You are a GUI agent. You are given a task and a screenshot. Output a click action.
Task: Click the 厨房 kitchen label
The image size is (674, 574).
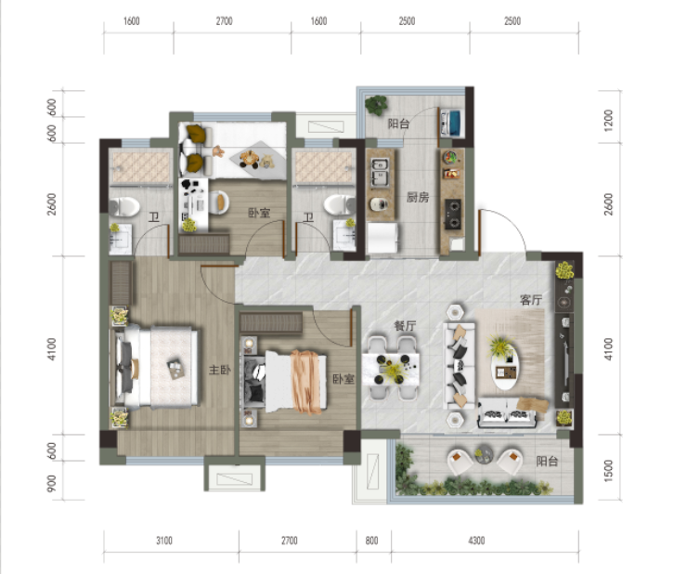[x=418, y=197]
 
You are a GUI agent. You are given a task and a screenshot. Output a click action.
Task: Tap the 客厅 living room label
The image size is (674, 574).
[x=530, y=300]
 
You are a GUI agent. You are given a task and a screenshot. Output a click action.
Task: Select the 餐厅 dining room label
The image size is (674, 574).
[x=405, y=326]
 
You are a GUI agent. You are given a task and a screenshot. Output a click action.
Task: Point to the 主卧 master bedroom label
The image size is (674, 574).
[x=220, y=370]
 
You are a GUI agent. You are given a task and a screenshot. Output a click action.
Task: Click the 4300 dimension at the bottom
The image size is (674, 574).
[x=476, y=541]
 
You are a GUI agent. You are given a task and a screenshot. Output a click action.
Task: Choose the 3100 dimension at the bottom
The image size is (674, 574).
[x=164, y=541]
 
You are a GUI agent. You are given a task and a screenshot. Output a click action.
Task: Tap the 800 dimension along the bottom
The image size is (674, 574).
[x=372, y=541]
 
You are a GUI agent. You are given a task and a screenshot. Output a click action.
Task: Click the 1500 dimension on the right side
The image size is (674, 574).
[x=608, y=470]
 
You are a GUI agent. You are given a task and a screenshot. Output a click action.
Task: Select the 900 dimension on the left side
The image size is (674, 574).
[x=51, y=483]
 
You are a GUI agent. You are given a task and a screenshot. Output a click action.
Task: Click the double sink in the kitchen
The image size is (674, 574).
[x=380, y=172]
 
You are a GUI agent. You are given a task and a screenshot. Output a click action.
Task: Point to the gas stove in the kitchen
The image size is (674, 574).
[x=453, y=214]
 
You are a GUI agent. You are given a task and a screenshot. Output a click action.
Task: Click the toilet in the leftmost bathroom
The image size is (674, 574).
[x=124, y=207]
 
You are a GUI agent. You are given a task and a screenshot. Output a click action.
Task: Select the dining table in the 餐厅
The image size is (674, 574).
[x=391, y=369]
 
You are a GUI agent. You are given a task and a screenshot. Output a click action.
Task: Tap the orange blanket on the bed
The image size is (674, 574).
[x=307, y=382]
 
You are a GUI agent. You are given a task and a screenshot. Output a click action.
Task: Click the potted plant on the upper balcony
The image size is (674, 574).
[x=376, y=104]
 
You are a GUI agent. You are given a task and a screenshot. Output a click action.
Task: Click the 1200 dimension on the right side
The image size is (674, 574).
[x=608, y=121]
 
